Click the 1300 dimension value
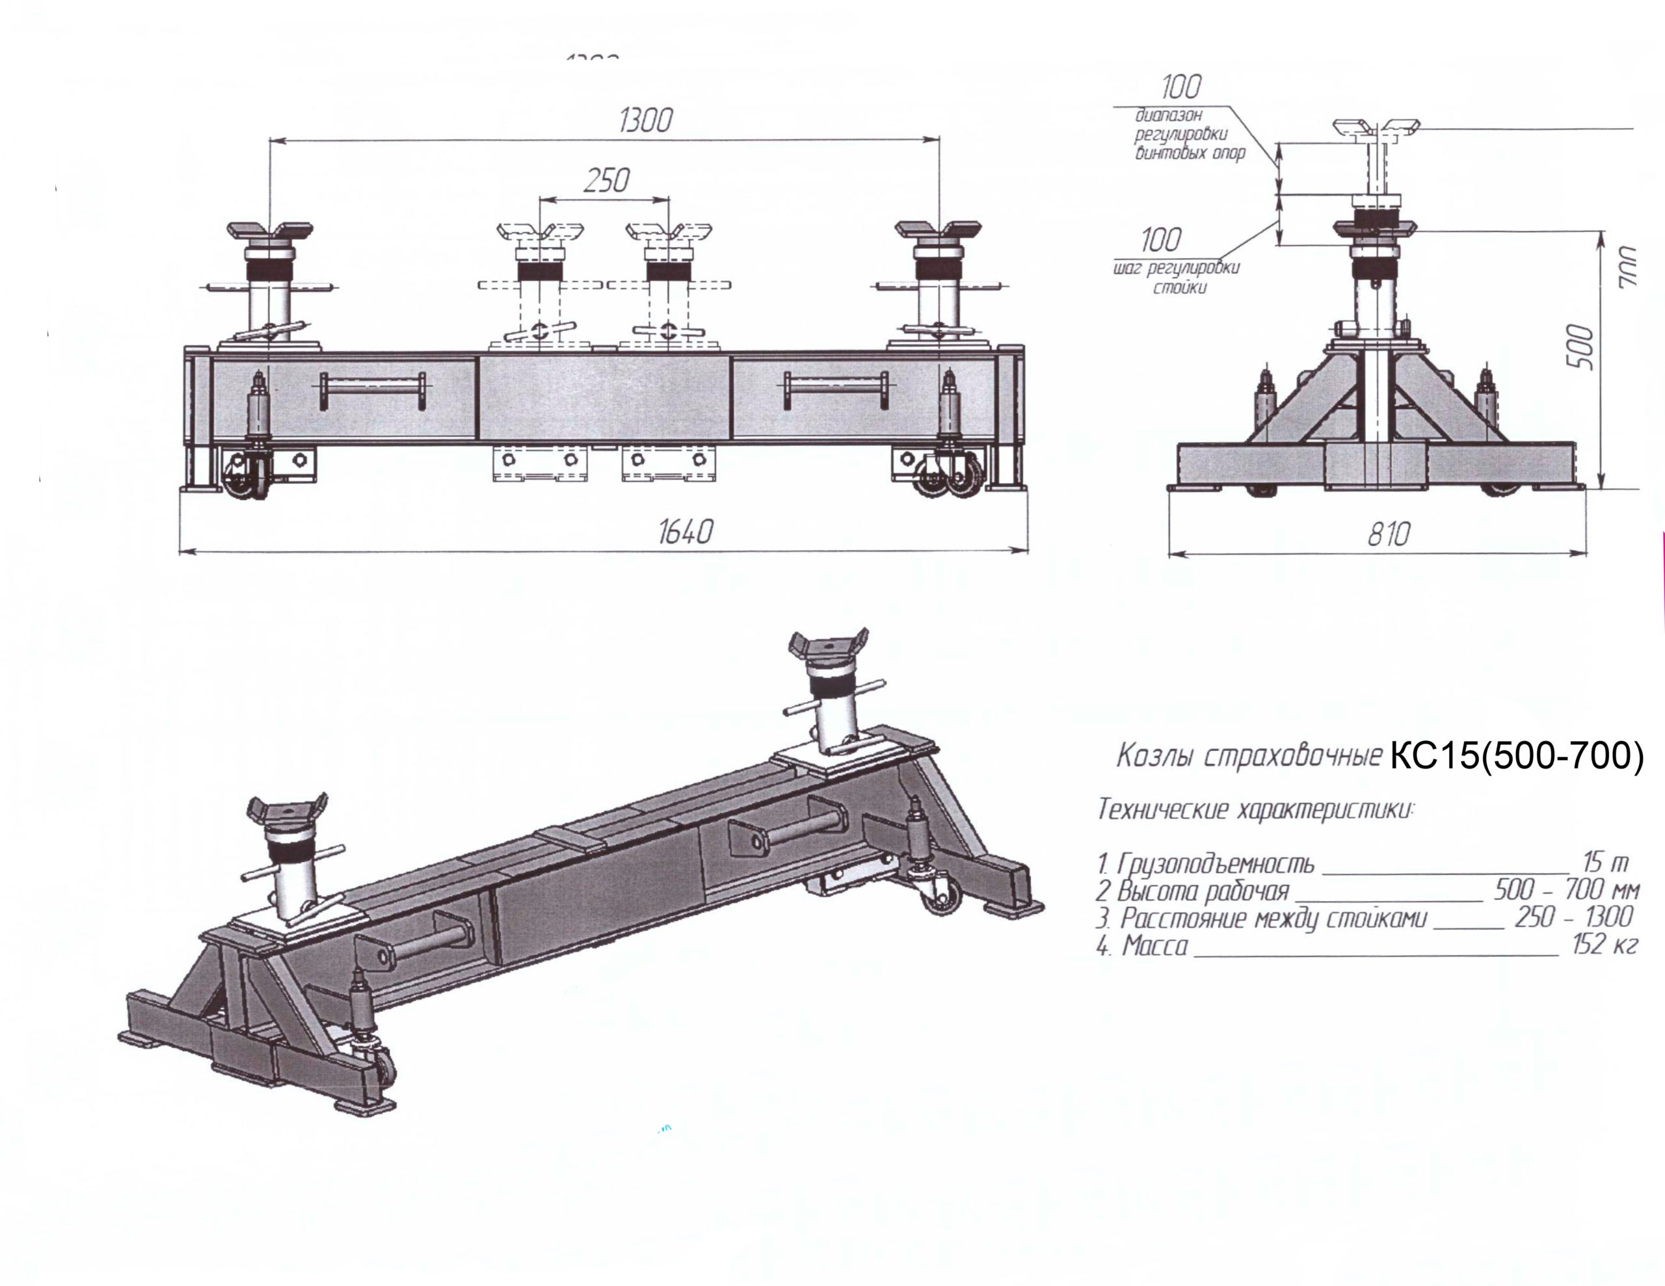pyautogui.click(x=645, y=120)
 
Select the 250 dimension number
pyautogui.click(x=606, y=181)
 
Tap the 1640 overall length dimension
pyautogui.click(x=685, y=532)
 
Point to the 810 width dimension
pyautogui.click(x=1389, y=534)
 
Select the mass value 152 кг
pyautogui.click(x=1604, y=945)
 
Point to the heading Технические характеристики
pyautogui.click(x=1255, y=809)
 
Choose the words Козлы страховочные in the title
pyautogui.click(x=1249, y=756)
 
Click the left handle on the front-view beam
pyautogui.click(x=372, y=391)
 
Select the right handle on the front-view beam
pyautogui.click(x=836, y=389)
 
